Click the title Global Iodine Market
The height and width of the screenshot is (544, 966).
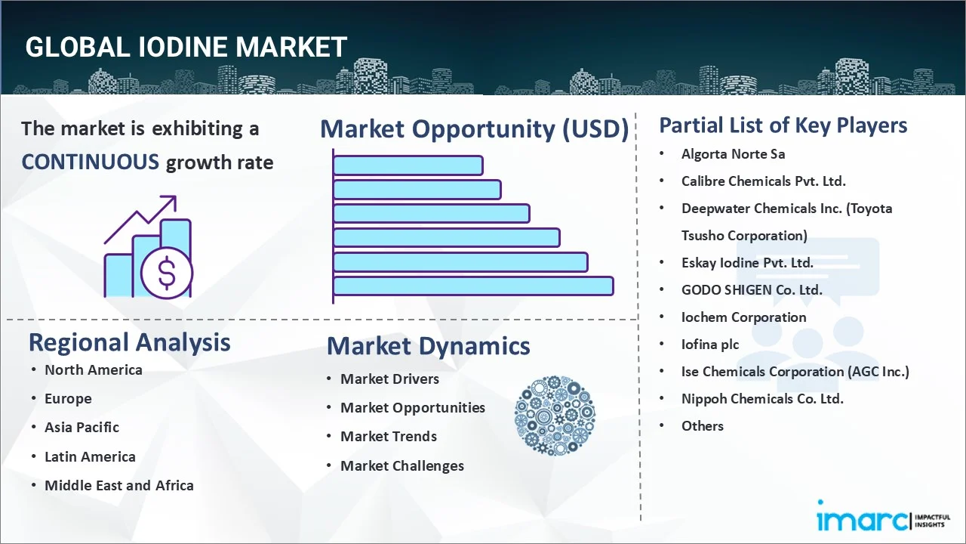(186, 47)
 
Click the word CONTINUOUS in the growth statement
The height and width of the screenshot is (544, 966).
(90, 162)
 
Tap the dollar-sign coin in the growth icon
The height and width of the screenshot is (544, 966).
(167, 274)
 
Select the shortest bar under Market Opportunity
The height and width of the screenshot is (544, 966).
(408, 165)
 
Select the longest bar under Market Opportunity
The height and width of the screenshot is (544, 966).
(473, 286)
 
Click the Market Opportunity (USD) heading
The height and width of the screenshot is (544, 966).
(474, 129)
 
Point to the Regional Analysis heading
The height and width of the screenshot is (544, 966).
(129, 342)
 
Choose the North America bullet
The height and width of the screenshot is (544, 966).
(93, 369)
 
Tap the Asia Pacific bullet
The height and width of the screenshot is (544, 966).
(82, 427)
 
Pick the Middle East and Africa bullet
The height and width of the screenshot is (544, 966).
(118, 485)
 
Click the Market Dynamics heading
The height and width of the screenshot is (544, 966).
(428, 346)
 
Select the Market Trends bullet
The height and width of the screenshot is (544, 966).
(388, 436)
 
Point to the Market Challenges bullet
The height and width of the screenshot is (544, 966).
(401, 465)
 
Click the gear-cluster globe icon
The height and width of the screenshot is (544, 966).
(555, 416)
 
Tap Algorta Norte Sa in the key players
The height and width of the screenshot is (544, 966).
(733, 153)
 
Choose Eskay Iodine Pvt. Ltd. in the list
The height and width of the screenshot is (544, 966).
(747, 262)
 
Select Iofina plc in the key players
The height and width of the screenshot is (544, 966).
(709, 344)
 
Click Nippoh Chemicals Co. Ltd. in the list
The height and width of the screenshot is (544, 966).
(762, 398)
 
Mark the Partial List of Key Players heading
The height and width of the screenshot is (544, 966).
(783, 125)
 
